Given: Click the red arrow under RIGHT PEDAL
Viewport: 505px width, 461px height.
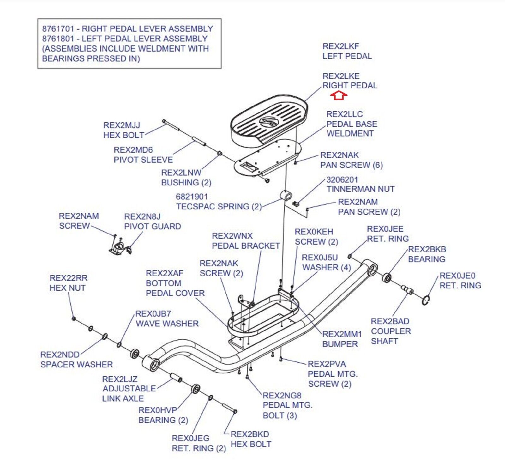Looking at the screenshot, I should (x=339, y=95).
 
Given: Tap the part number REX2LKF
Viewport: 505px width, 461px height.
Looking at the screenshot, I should (x=341, y=46).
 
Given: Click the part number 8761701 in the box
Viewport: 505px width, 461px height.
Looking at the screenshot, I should (x=58, y=29).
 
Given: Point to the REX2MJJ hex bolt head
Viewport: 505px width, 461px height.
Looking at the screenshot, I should (x=164, y=121).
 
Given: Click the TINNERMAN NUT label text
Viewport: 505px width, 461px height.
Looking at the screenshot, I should (x=360, y=189).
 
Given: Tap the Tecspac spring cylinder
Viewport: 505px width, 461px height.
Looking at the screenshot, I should (x=286, y=196).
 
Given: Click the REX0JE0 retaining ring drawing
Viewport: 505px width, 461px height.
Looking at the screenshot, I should (x=425, y=300).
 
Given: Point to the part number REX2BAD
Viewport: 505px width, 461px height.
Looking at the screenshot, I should (x=390, y=321).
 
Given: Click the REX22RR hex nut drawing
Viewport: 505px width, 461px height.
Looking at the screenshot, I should (x=74, y=318).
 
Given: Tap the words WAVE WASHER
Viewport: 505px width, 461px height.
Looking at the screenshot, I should (x=167, y=324).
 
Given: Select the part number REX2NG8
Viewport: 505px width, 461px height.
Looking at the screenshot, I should (x=282, y=395).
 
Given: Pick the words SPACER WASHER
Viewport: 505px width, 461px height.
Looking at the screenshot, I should (x=76, y=365).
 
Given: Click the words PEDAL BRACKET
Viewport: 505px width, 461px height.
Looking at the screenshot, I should (x=246, y=246).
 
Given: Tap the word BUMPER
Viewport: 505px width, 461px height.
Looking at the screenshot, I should (x=340, y=344).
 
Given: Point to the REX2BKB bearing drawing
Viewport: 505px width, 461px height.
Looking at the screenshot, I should (x=387, y=278).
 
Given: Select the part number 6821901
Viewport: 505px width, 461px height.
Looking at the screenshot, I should (x=192, y=197).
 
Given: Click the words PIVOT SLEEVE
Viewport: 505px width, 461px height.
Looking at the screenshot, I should (x=143, y=160).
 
